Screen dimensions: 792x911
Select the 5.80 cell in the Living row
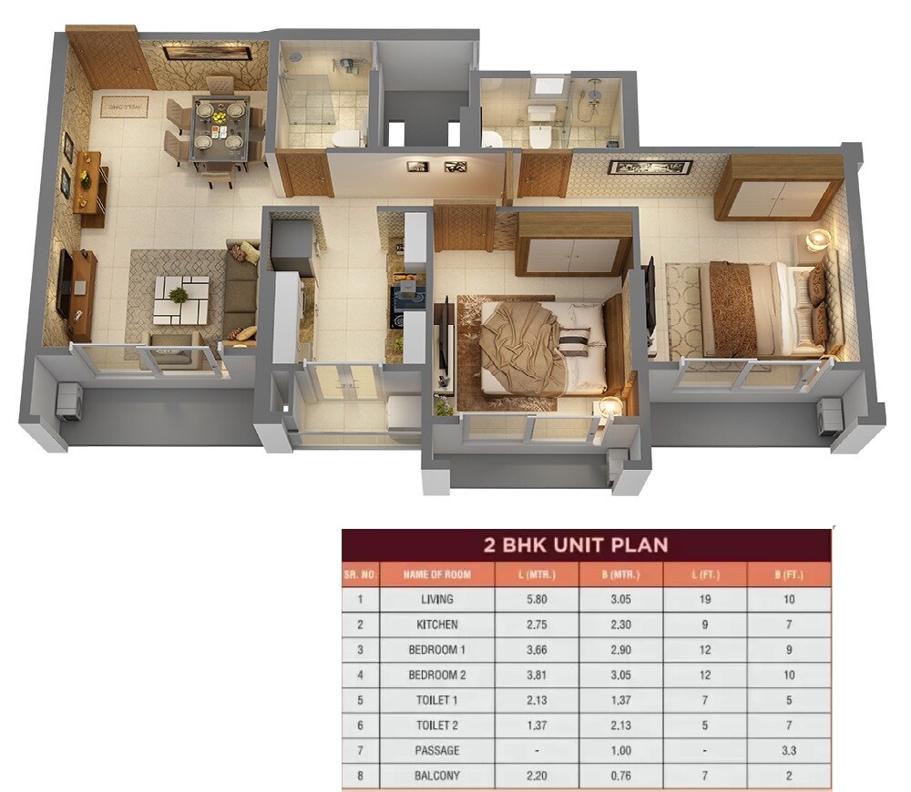(x=537, y=600)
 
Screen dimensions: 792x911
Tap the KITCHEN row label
(x=437, y=625)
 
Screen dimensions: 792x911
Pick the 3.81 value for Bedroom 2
(x=537, y=675)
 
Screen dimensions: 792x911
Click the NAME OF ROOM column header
(x=436, y=575)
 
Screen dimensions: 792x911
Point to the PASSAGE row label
(x=437, y=751)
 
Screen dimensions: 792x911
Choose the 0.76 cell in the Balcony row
(x=620, y=777)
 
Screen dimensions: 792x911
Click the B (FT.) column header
(x=788, y=575)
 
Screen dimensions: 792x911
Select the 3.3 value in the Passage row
(x=788, y=751)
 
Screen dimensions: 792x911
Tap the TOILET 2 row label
(x=437, y=726)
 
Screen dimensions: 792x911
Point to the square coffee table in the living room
(x=181, y=298)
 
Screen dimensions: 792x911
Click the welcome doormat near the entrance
(x=124, y=106)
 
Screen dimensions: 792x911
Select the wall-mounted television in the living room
(x=65, y=283)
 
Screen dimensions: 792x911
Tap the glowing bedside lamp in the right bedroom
(x=818, y=239)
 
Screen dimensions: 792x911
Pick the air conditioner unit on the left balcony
(x=68, y=400)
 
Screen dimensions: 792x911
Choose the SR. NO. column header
(x=359, y=575)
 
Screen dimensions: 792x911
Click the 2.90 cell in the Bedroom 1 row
(x=620, y=650)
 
